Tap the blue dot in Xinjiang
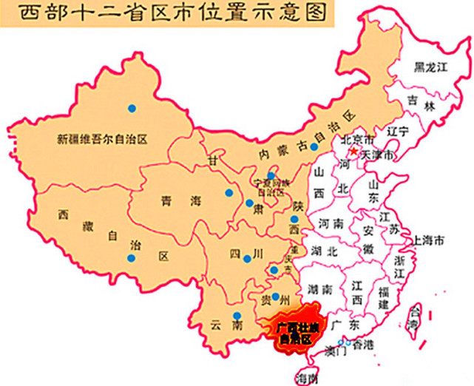[x=132, y=109]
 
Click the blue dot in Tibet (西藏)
[x=132, y=258]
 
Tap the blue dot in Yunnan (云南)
[x=237, y=316]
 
